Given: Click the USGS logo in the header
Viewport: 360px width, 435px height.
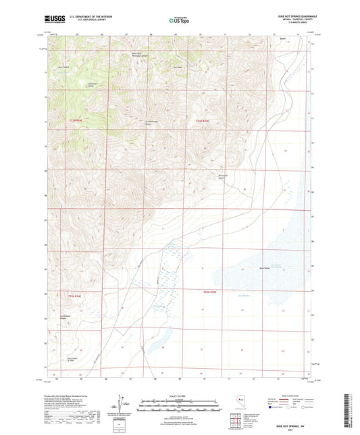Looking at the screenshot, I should [x=53, y=20].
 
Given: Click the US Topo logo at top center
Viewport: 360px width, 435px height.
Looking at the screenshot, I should [x=179, y=21].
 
